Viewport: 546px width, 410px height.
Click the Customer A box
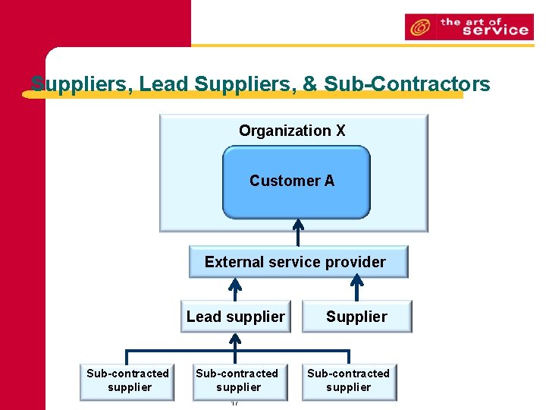(x=296, y=181)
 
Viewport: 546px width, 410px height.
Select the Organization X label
(x=292, y=131)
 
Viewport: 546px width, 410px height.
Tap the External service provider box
(x=297, y=262)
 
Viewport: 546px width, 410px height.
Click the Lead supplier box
(x=236, y=317)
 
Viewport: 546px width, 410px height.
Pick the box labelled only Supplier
(x=356, y=317)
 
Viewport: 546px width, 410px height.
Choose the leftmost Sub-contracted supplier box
(x=127, y=380)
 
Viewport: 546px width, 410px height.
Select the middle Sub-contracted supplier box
(x=237, y=380)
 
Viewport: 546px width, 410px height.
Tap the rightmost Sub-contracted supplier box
(x=348, y=380)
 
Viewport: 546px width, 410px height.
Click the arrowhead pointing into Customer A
(x=298, y=225)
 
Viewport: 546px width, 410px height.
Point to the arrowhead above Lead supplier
(x=236, y=285)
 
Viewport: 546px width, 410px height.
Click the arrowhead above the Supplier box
(x=356, y=285)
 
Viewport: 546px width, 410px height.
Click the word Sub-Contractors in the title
(x=407, y=84)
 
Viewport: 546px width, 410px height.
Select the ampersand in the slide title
(x=309, y=84)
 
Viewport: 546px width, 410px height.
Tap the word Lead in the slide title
(x=165, y=84)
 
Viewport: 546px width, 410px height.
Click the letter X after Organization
(x=340, y=131)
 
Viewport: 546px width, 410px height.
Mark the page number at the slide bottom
(x=235, y=402)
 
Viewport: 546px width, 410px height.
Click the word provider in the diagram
(x=356, y=262)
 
